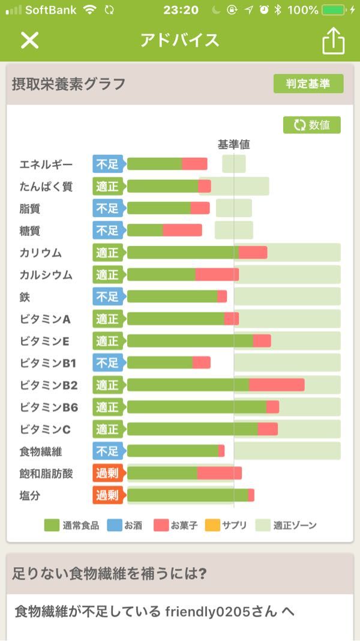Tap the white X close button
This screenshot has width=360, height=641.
coord(29,40)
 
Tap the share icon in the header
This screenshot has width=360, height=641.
coord(333,41)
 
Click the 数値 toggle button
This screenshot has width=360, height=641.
coord(312,125)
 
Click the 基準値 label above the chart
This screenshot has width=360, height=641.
coord(233,145)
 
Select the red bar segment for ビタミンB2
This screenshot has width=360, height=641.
coord(277,385)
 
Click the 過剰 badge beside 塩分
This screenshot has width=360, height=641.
coord(108,496)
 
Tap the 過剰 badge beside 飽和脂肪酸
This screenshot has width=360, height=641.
coord(108,474)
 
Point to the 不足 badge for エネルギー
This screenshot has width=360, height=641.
coord(108,164)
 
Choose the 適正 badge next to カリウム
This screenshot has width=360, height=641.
coord(108,253)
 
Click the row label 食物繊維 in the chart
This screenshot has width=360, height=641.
coord(41,451)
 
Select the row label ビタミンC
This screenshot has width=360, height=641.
coord(45,429)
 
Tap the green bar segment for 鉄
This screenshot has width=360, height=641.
coord(172,296)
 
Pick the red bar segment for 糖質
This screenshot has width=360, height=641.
coord(182,230)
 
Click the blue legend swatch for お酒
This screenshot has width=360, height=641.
coord(115,525)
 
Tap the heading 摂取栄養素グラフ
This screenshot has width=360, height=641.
coord(69,84)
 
